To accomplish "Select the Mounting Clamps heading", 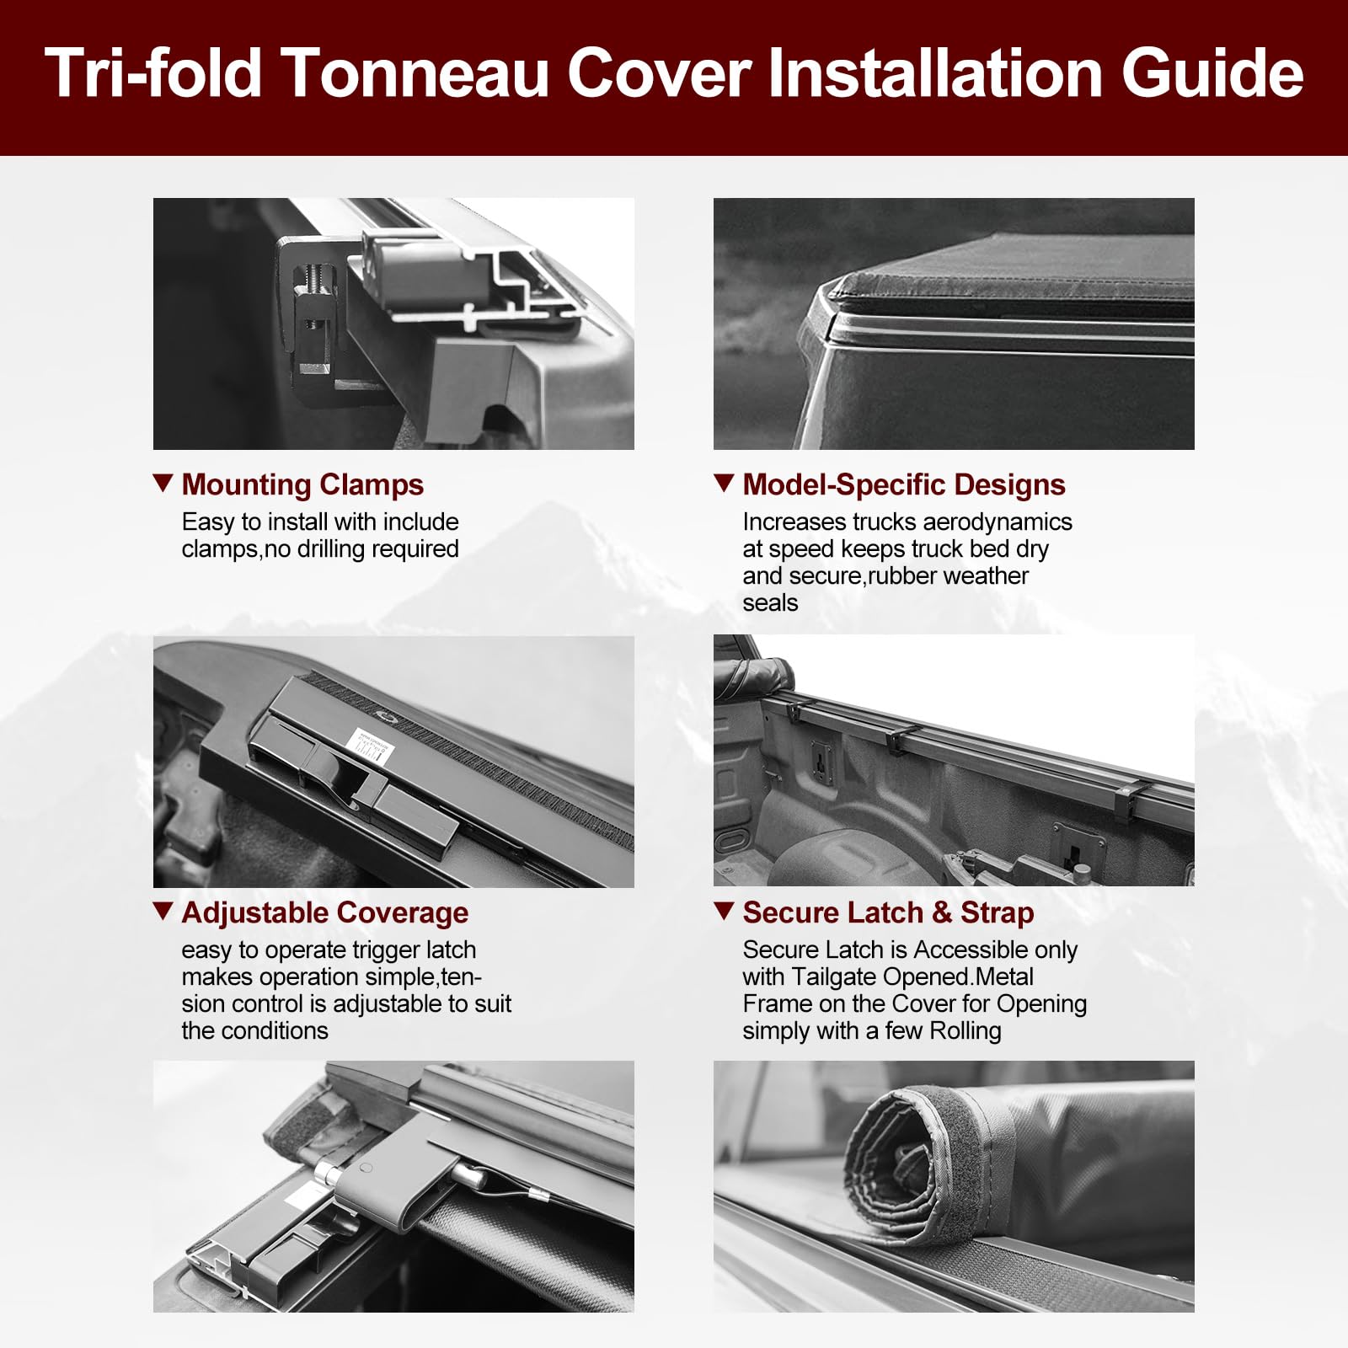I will click(302, 484).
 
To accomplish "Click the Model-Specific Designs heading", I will click(903, 484).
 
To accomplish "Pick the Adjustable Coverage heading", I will click(324, 912).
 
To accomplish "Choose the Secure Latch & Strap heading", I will click(888, 912).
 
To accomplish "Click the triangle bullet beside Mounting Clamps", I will click(163, 483).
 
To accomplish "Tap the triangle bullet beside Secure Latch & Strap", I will click(724, 911).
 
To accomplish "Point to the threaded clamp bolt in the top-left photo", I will click(313, 286).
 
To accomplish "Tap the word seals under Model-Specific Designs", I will click(769, 603).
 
